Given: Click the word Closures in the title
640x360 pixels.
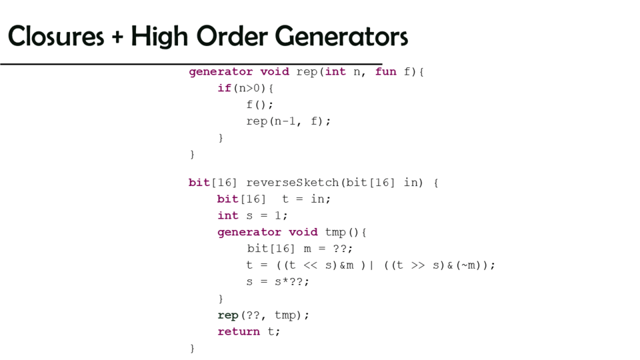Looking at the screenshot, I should (x=55, y=36).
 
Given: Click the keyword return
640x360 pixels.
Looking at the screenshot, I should (x=239, y=331).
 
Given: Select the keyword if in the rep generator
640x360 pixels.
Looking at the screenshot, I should (x=224, y=88).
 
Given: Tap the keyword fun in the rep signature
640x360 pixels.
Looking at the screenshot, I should (x=385, y=71).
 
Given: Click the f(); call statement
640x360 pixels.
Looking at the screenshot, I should (x=260, y=105).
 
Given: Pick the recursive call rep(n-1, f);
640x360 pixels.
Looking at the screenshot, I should (x=289, y=121).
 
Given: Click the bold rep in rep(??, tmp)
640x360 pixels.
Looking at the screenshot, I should (x=228, y=315).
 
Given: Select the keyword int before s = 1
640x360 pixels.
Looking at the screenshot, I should (x=228, y=215).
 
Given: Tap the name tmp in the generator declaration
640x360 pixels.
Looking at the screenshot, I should (x=335, y=232).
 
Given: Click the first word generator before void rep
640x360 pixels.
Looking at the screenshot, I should (x=221, y=71).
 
